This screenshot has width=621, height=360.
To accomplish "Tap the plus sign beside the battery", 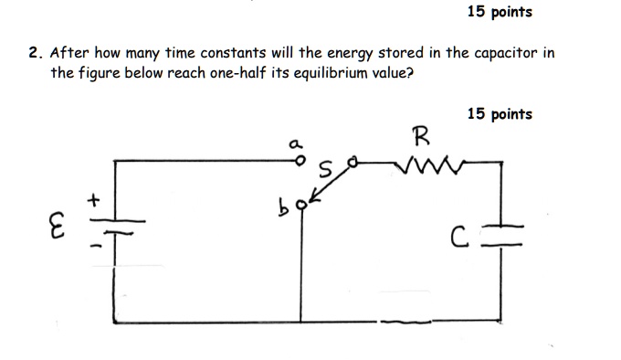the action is [x=92, y=196].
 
